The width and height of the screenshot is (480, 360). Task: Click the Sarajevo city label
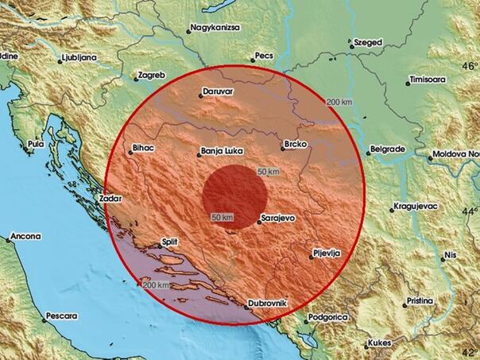click(x=278, y=217)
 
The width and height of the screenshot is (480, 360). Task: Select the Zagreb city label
click(x=151, y=75)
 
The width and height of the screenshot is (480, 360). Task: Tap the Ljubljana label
click(x=79, y=57)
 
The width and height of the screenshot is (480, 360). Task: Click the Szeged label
click(x=369, y=41)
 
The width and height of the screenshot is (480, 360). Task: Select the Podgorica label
click(x=329, y=317)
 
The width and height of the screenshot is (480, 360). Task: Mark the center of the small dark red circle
click(x=234, y=193)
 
